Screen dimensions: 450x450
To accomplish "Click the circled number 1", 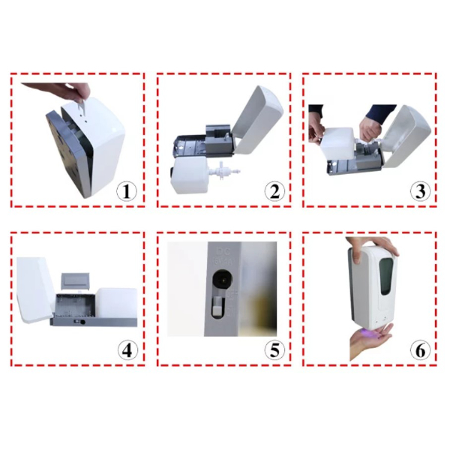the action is [x=127, y=191].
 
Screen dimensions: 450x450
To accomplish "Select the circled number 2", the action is [x=274, y=191].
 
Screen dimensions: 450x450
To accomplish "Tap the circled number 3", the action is [x=421, y=191].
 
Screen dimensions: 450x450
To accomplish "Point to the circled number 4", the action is [x=127, y=350].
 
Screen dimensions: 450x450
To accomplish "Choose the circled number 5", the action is [x=274, y=350].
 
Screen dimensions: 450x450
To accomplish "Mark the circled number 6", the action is [x=421, y=350].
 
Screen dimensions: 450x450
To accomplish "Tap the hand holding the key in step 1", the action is [x=58, y=91].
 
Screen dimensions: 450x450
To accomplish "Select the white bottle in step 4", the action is [x=116, y=303].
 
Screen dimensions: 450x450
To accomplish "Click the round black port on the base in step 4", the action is [x=82, y=322].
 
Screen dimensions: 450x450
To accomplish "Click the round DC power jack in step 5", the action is [x=222, y=278].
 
